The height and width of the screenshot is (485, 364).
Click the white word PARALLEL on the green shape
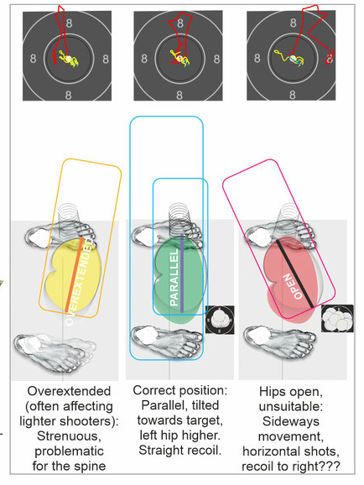(x=174, y=277)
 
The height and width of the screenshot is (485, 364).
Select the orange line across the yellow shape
(x=74, y=274)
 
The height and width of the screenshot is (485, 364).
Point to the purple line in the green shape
(x=182, y=274)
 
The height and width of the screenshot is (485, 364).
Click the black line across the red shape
(x=294, y=274)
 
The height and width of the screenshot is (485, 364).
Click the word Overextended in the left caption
(x=69, y=391)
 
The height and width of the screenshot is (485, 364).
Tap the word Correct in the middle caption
(x=154, y=390)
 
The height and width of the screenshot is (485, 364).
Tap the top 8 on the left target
(x=69, y=23)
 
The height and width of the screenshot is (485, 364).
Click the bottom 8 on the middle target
(x=179, y=95)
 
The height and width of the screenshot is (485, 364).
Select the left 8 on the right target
(x=257, y=58)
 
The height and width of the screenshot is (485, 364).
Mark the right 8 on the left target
(x=106, y=59)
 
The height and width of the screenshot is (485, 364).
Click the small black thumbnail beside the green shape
(x=220, y=320)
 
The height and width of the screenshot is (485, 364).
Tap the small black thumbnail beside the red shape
(x=337, y=318)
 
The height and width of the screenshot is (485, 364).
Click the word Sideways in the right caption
(x=291, y=421)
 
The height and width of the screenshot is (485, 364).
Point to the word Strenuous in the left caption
(x=70, y=436)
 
